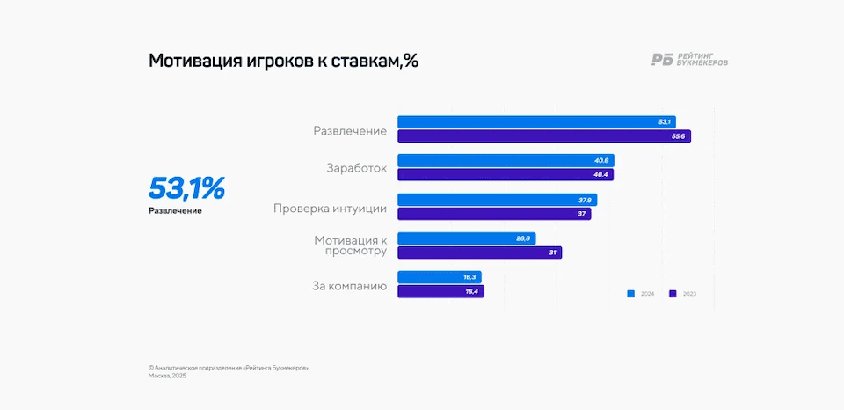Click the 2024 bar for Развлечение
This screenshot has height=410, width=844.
pos(536,121)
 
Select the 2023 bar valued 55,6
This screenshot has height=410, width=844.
pos(543,136)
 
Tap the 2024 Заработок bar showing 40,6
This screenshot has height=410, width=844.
pos(506,160)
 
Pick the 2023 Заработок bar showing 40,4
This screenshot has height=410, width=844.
pos(505,175)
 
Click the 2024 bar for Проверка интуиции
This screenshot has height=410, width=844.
pos(497,200)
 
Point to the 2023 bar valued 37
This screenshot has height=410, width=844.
pos(494,214)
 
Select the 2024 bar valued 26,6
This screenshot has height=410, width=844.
pos(466,238)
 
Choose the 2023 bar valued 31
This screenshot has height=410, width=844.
pos(479,253)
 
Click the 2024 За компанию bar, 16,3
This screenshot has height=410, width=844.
pos(439,277)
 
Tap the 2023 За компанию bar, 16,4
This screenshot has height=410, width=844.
pos(440,291)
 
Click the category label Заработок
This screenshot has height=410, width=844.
pos(356,168)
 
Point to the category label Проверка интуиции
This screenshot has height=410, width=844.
pos(330,209)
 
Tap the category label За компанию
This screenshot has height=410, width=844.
pos(349,285)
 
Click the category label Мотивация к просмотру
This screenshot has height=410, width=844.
pos(351,245)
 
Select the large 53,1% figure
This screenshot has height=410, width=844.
pos(186,188)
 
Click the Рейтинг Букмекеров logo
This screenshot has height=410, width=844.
pos(689,60)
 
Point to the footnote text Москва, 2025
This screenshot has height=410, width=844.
pos(167,376)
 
